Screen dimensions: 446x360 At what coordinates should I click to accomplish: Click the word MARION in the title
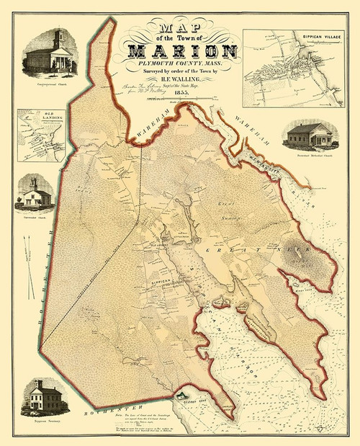[181, 53]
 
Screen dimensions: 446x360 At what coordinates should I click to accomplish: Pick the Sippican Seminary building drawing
[45, 396]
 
